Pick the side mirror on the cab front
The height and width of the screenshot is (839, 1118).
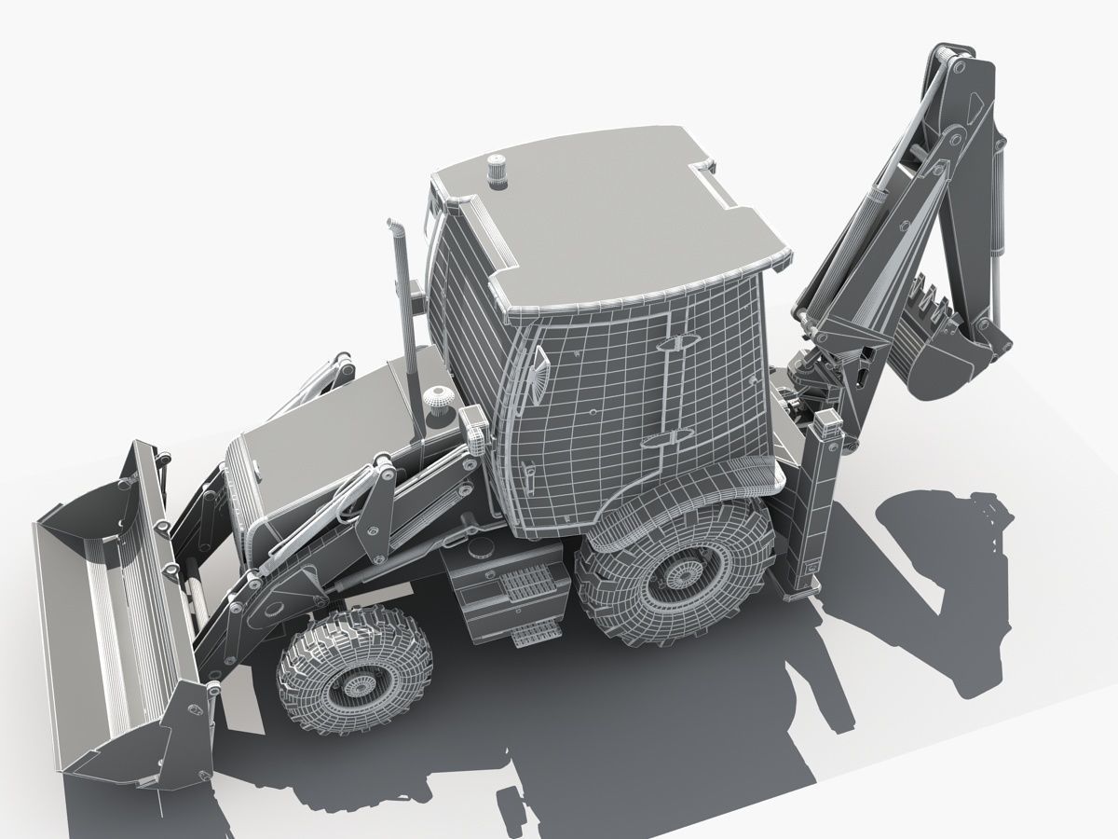(538, 372)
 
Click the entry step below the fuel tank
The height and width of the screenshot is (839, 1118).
(533, 635)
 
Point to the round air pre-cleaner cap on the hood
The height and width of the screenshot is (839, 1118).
(438, 398)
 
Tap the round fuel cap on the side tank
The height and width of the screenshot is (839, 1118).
(481, 548)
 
